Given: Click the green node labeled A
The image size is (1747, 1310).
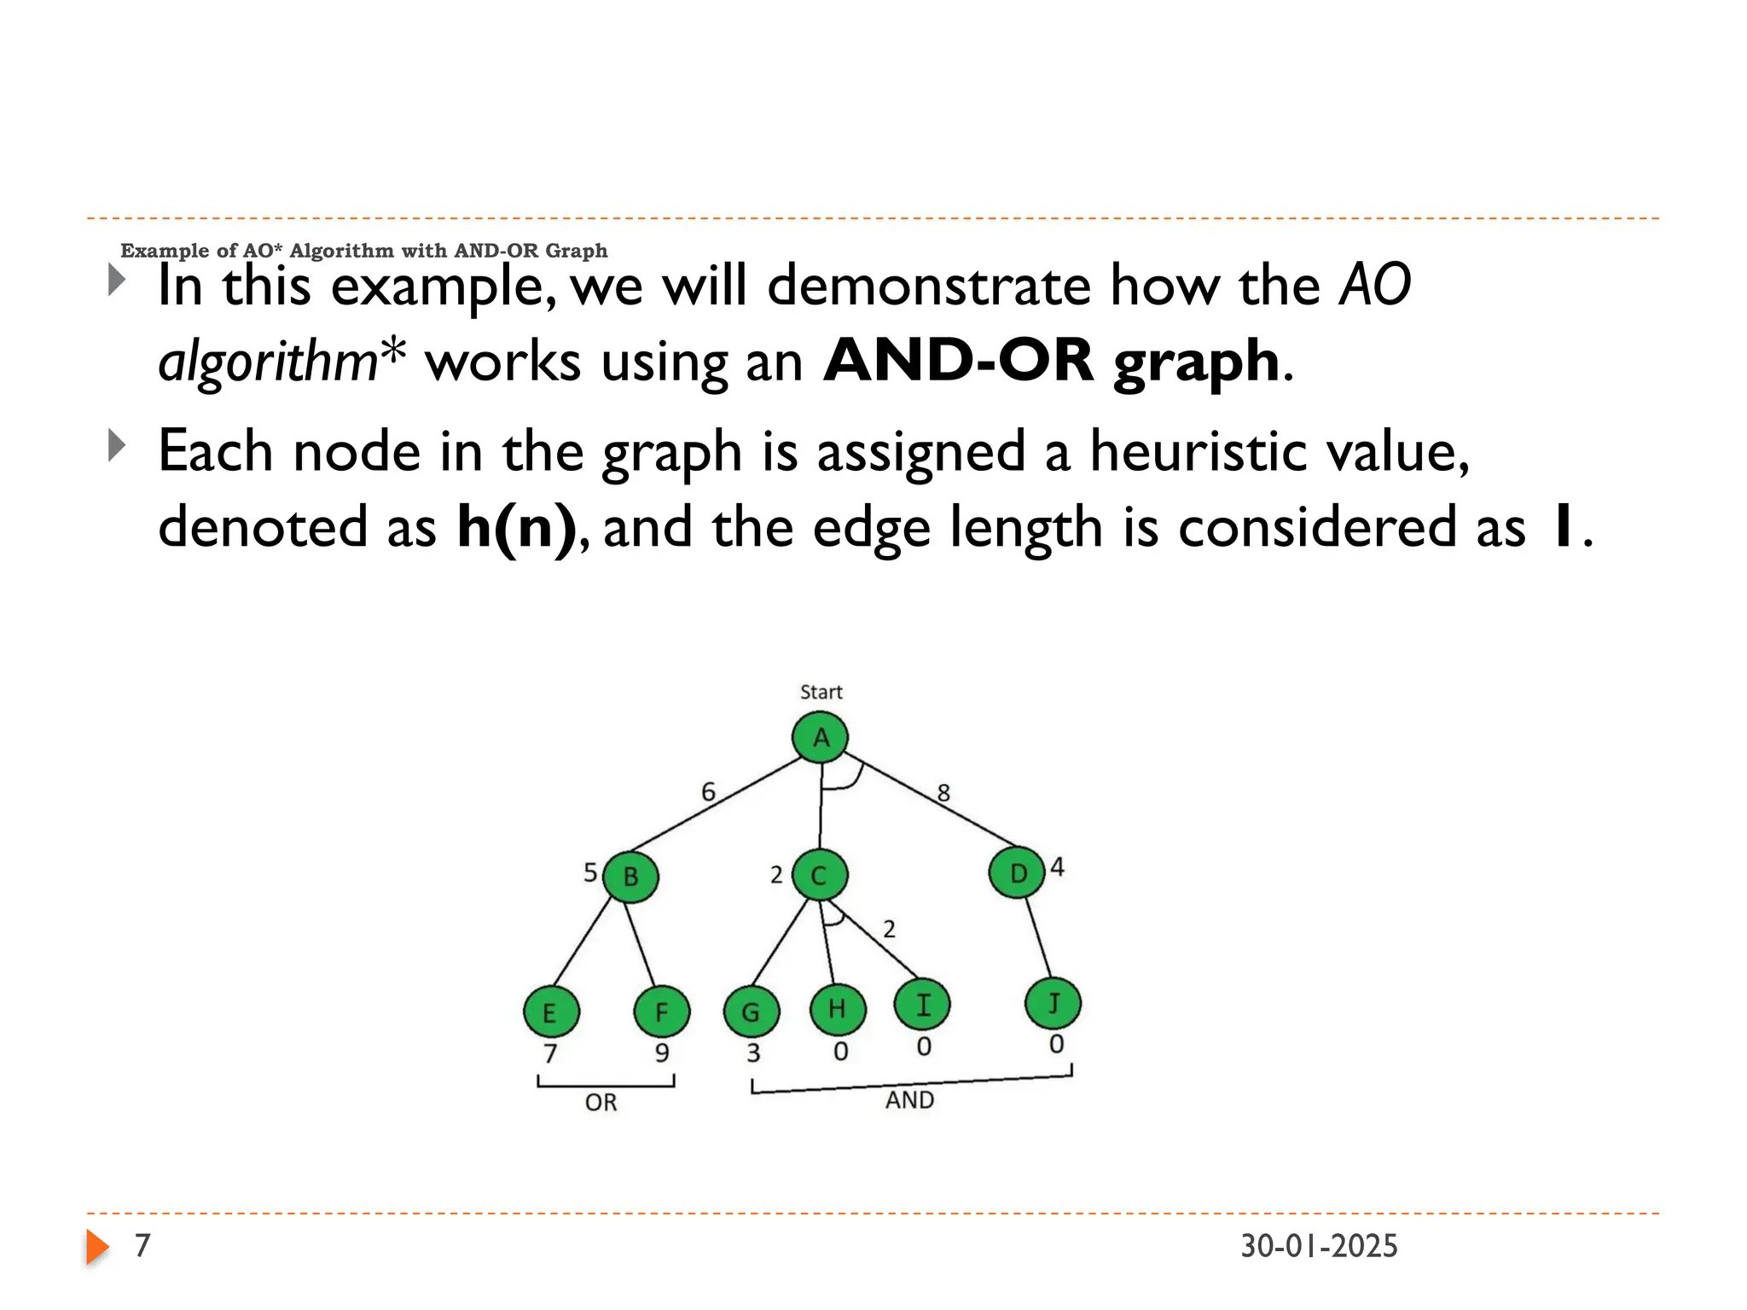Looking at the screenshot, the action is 820,738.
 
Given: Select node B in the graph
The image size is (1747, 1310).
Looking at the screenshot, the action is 630,876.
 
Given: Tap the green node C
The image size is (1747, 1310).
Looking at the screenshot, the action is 819,875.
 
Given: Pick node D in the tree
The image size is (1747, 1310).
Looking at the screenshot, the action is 1017,873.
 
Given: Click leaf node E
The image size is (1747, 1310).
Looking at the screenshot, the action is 551,1012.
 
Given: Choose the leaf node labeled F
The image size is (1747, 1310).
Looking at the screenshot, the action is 662,1012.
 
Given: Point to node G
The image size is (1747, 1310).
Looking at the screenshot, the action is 751,1012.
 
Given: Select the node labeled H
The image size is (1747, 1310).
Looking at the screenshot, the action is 838,1009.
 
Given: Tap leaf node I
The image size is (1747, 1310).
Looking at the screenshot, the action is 922,1005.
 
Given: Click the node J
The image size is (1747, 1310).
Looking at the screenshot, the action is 1053,1004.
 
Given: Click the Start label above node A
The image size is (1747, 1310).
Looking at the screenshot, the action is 821,692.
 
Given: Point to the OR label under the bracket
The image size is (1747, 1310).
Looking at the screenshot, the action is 601,1103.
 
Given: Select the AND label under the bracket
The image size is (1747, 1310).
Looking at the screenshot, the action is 909,1100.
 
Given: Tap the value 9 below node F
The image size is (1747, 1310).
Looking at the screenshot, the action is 662,1053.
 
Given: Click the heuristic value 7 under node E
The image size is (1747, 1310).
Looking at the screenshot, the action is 550,1054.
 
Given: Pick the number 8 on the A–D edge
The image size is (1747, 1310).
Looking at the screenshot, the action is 943,793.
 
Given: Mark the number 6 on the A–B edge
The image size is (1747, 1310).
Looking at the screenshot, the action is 708,792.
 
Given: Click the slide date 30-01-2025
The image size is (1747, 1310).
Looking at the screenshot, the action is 1319,1246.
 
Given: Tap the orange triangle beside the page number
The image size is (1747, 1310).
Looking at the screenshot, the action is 97,1247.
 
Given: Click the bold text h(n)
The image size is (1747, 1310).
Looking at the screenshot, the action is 517,527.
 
